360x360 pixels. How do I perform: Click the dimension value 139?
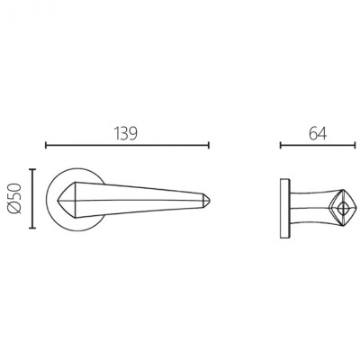pyautogui.click(x=126, y=134)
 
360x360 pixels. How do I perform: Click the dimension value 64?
pyautogui.click(x=318, y=134)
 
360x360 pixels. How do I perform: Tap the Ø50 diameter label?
pyautogui.click(x=15, y=199)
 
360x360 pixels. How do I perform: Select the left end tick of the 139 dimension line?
pyautogui.click(x=46, y=146)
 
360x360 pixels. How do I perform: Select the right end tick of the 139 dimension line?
pyautogui.click(x=208, y=146)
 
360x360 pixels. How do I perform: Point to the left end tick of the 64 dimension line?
pyautogui.click(x=281, y=146)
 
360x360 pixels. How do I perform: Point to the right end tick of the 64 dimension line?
pyautogui.click(x=355, y=146)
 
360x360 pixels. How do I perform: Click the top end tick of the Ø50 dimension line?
pyautogui.click(x=32, y=170)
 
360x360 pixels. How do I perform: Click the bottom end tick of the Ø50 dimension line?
pyautogui.click(x=32, y=228)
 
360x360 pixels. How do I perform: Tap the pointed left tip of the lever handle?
pyautogui.click(x=58, y=200)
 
